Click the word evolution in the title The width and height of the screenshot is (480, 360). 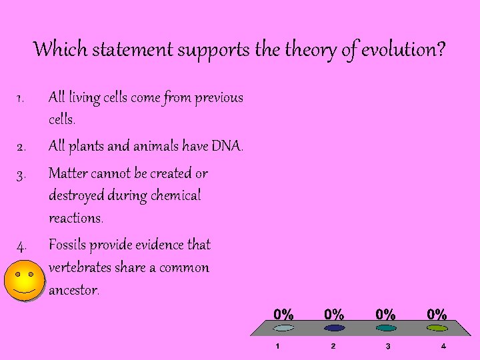pos(403,49)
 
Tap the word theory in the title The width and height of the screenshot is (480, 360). pos(312,49)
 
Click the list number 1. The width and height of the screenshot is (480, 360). pos(21,99)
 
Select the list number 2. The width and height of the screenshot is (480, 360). pos(21,147)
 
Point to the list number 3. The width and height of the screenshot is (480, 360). pos(21,175)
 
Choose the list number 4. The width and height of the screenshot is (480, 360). pos(21,246)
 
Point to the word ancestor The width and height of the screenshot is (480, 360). pos(73,291)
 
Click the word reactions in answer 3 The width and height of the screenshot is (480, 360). pos(75,219)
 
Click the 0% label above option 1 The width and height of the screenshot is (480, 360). pos(283,313)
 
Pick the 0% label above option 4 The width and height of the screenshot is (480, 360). pos(437,313)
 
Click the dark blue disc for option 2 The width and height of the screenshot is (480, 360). pos(334,328)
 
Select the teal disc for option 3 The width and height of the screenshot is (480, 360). pos(386,328)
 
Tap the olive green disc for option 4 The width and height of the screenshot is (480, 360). pos(437,328)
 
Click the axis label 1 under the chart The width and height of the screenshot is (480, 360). pos(279,347)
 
